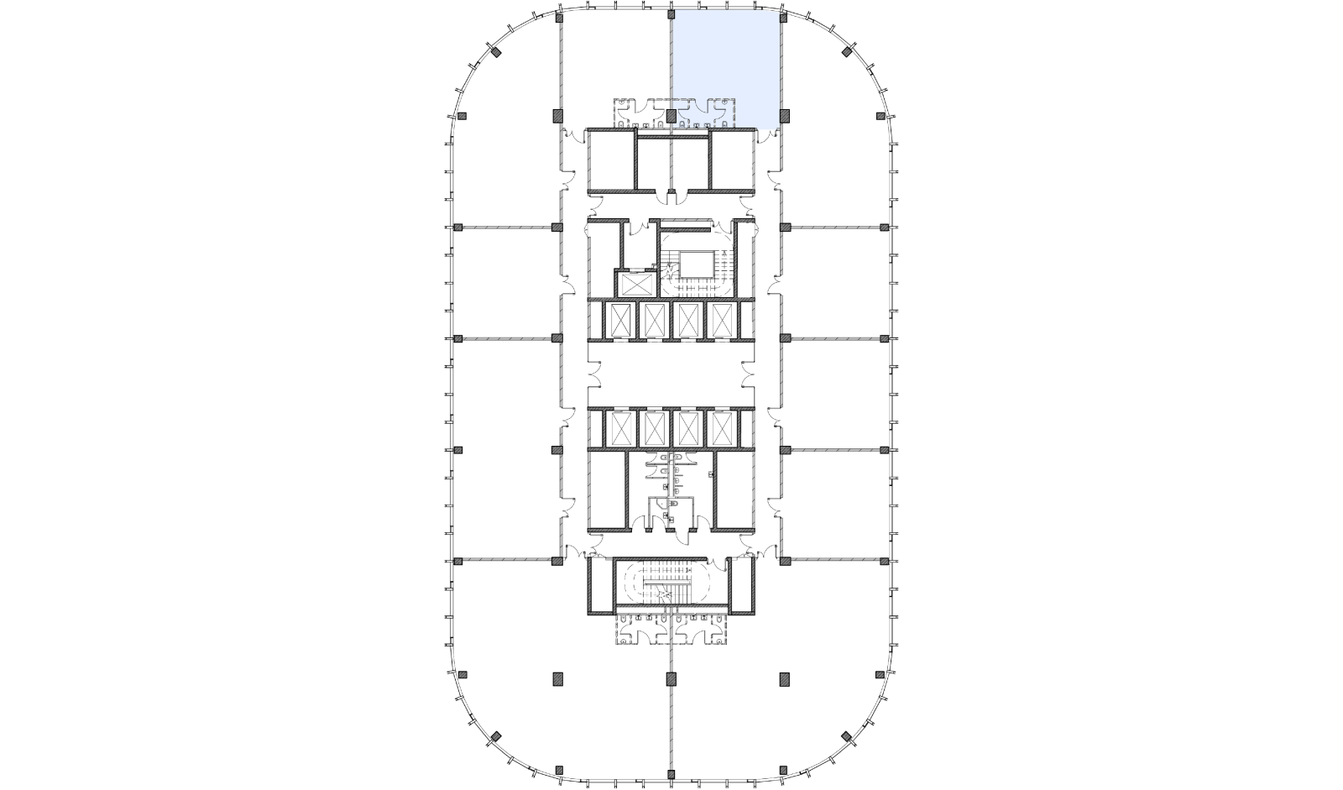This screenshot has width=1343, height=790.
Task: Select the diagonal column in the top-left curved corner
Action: point(496,53)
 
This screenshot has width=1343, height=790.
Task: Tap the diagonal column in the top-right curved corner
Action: point(847,53)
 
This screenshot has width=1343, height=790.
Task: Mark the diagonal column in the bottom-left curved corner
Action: point(496,737)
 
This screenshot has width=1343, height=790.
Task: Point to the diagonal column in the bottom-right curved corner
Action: point(847,737)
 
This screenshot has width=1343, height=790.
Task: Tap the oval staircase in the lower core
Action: point(663,583)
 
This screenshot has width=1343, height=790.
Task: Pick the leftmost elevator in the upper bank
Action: point(621,321)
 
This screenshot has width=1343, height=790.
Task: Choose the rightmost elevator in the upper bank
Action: point(722,321)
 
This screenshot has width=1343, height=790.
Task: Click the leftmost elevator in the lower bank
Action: point(621,428)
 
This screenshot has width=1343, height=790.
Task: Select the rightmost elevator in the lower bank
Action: point(722,428)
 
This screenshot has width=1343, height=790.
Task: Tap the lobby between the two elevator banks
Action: point(671,374)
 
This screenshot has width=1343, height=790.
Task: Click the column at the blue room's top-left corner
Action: point(671,15)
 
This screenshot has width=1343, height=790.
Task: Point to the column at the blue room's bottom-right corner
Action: point(784,116)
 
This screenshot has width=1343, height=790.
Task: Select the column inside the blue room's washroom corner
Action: point(671,115)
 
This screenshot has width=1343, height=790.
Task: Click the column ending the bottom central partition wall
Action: point(671,678)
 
